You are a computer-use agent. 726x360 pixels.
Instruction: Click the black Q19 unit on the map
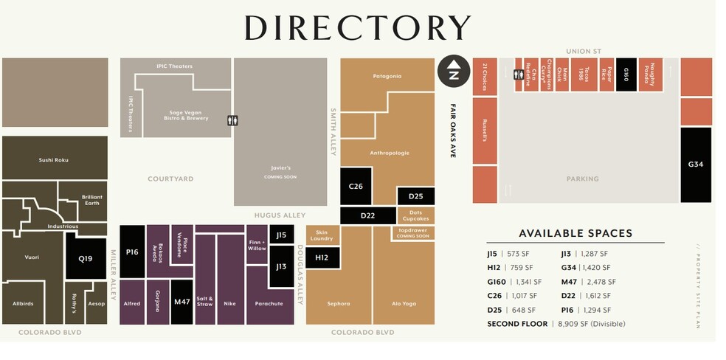[x=86, y=258]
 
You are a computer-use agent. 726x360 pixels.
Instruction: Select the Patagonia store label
[x=387, y=76]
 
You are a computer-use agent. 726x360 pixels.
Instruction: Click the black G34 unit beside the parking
[x=696, y=165]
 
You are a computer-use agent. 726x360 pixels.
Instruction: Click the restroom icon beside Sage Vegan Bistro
[x=233, y=121]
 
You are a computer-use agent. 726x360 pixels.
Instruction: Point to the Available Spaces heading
[x=575, y=233]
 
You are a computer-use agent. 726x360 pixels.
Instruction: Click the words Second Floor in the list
[x=517, y=324]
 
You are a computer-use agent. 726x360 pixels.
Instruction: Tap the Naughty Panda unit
[x=651, y=75]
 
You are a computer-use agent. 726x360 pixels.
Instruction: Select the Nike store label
[x=230, y=302]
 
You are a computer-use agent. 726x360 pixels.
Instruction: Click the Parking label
[x=582, y=179]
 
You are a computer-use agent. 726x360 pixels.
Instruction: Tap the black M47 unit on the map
[x=181, y=302]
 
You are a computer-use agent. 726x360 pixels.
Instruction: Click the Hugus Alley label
[x=280, y=215]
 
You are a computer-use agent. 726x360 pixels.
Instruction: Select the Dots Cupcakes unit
[x=415, y=215]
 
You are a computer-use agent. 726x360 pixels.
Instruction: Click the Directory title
[x=357, y=28]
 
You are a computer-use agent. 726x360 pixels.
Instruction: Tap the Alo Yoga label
[x=404, y=303]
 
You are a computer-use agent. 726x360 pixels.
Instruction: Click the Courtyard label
[x=170, y=179]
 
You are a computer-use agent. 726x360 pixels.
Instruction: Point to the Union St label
[x=583, y=51]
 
